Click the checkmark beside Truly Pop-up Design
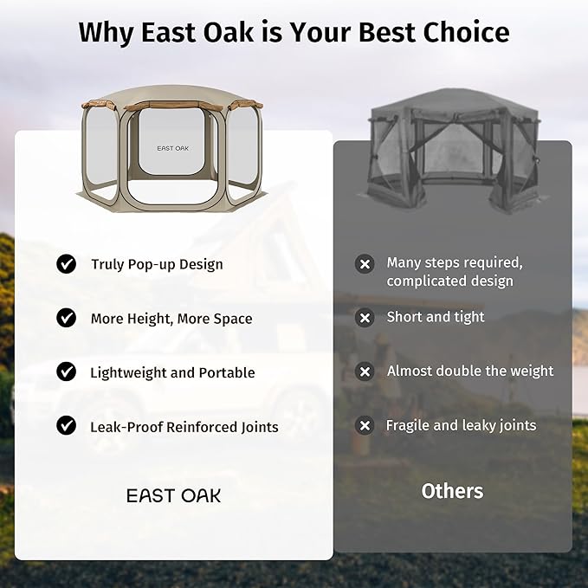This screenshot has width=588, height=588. click(x=67, y=264)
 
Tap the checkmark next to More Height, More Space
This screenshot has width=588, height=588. click(x=67, y=318)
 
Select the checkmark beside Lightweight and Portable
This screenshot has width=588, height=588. click(x=67, y=372)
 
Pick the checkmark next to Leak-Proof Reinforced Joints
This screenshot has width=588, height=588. click(x=67, y=425)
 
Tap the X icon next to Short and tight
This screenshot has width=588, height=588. click(x=365, y=318)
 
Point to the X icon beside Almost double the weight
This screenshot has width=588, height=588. click(x=365, y=372)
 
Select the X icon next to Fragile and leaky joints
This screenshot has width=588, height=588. click(x=365, y=425)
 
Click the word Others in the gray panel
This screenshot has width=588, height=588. click(x=452, y=491)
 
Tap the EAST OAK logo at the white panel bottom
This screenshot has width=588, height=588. click(x=174, y=495)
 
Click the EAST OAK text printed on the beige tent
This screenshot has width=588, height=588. click(x=172, y=148)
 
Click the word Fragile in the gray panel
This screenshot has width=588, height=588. click(x=408, y=425)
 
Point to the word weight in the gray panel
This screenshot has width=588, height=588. click(x=532, y=372)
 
